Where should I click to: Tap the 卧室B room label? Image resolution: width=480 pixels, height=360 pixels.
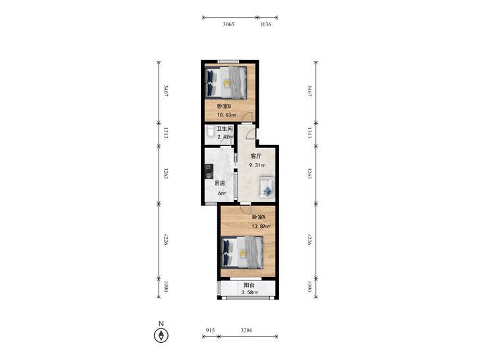(x=224, y=106)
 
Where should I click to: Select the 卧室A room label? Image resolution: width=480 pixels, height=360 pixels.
(x=259, y=217)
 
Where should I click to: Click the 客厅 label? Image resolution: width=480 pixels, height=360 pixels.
(x=256, y=156)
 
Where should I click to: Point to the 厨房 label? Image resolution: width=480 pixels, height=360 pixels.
(x=219, y=183)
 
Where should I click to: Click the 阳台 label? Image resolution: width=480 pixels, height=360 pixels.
(x=249, y=285)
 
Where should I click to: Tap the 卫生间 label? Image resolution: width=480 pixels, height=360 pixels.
(x=225, y=129)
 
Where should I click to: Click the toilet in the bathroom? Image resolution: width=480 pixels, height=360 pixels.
(x=210, y=132)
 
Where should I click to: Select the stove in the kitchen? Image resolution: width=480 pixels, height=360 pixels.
(x=209, y=171)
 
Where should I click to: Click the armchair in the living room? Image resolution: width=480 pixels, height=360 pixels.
(x=267, y=186)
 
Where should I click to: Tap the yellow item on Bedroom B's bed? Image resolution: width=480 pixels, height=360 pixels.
(x=227, y=82)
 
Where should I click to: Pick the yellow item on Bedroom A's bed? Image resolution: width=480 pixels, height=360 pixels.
(x=243, y=253)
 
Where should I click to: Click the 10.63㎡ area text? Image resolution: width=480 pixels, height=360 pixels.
(x=227, y=115)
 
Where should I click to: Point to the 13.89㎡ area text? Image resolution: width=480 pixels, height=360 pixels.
(x=261, y=226)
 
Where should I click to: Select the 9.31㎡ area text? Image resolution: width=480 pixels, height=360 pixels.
(x=257, y=165)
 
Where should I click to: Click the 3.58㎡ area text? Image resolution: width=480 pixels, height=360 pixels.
(x=250, y=293)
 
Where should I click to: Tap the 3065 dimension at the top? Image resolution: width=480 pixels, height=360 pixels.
(x=228, y=24)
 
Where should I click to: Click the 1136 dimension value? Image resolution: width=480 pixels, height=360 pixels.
(x=266, y=24)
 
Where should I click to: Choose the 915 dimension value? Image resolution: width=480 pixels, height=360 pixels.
(x=210, y=330)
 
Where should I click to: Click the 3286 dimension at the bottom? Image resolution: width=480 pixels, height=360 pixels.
(x=246, y=330)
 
